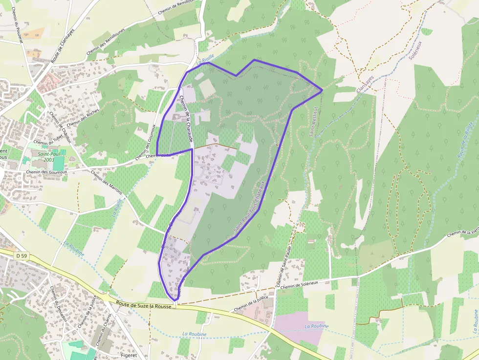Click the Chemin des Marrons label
(x=107, y=185)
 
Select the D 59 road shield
(x=21, y=255)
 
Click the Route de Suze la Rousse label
(x=144, y=305)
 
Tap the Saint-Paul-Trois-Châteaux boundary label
(x=249, y=207)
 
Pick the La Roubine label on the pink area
(x=316, y=326)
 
